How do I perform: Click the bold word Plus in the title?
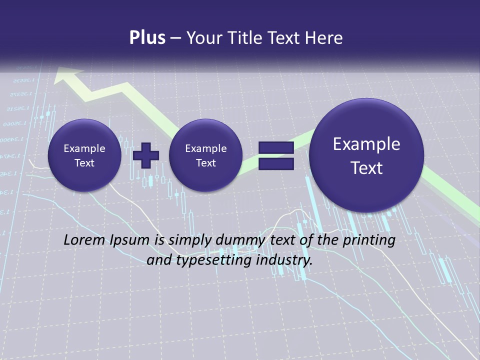pos(147,38)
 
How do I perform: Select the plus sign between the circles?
pos(146,155)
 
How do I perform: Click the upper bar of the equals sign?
pos(275,147)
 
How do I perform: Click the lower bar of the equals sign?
pos(275,163)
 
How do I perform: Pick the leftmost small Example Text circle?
pos(84,155)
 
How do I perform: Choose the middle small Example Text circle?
pos(205,155)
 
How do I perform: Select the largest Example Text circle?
pos(366,155)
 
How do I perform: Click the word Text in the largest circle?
pos(366,168)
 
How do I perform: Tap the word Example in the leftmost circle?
pos(84,148)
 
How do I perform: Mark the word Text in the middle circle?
pos(205,163)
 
